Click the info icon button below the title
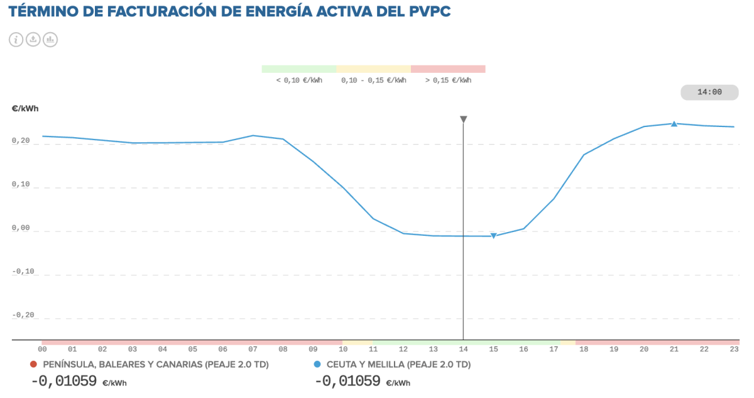[x=16, y=40]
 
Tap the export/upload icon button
[x=33, y=40]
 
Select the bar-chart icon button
[x=50, y=40]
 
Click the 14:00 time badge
[x=709, y=92]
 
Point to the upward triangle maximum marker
[x=674, y=124]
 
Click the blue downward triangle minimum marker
[x=493, y=236]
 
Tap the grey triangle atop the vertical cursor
[x=464, y=119]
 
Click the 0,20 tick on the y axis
[x=21, y=140]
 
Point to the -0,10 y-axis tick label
[x=23, y=272]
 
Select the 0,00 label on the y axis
[x=21, y=228]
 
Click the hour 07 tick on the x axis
[x=253, y=349]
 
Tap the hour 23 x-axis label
[x=734, y=349]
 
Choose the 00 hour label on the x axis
[x=42, y=349]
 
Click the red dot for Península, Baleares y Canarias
[x=33, y=364]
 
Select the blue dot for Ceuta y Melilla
[x=317, y=364]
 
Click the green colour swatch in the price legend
[x=299, y=69]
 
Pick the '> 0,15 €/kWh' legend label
[x=448, y=80]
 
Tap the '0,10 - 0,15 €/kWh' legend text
[x=374, y=80]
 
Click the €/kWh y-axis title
[x=25, y=109]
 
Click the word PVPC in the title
[x=430, y=11]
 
